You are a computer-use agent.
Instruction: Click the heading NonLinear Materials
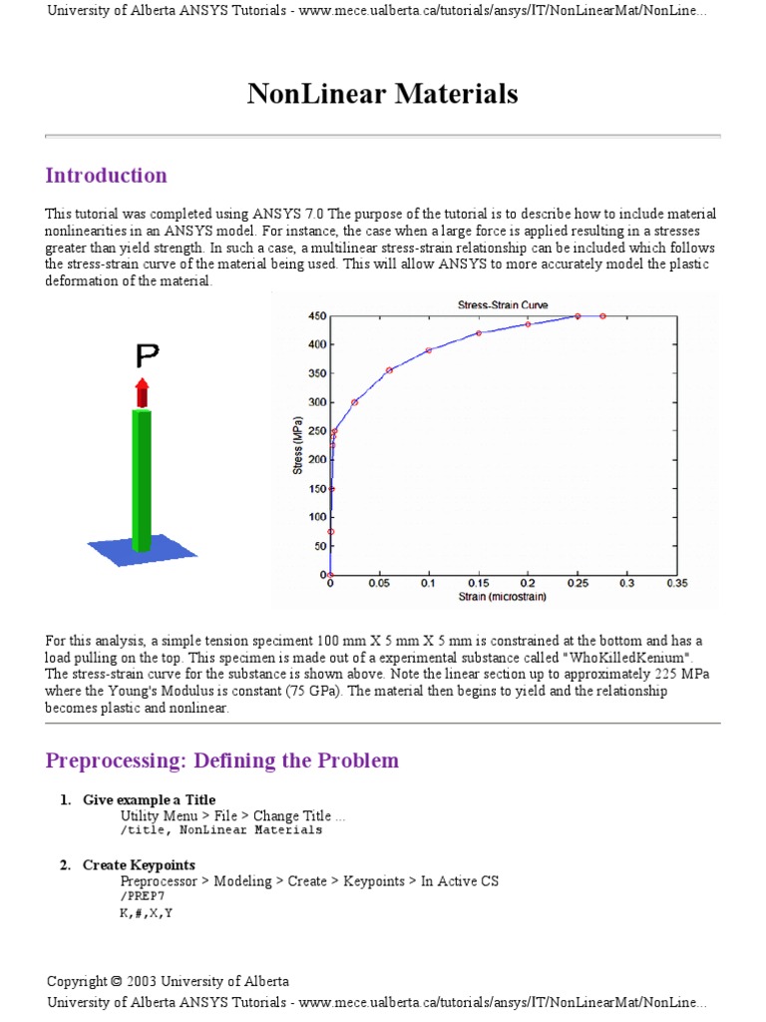(382, 94)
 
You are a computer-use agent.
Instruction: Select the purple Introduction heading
(106, 176)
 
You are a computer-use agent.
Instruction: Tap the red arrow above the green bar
(143, 391)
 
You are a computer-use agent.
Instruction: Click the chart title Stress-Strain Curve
(502, 305)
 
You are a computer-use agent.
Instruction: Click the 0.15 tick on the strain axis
(478, 583)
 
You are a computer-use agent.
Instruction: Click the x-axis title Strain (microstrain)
(502, 597)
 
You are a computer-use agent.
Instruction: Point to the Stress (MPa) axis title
(297, 444)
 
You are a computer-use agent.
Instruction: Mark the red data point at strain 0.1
(429, 350)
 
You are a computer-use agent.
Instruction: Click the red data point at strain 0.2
(528, 324)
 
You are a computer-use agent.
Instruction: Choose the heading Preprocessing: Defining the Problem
(221, 761)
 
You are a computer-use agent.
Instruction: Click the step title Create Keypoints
(139, 865)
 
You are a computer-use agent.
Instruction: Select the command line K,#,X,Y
(147, 912)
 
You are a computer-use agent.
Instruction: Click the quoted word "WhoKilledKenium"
(630, 659)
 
